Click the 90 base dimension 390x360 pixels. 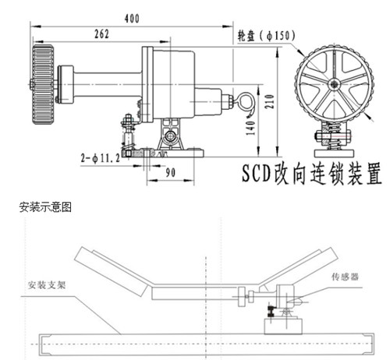coord(168,172)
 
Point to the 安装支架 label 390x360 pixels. coord(51,284)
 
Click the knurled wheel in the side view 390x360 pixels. coord(43,83)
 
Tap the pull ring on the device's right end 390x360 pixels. coord(247,100)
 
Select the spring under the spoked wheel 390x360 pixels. coord(333,136)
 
